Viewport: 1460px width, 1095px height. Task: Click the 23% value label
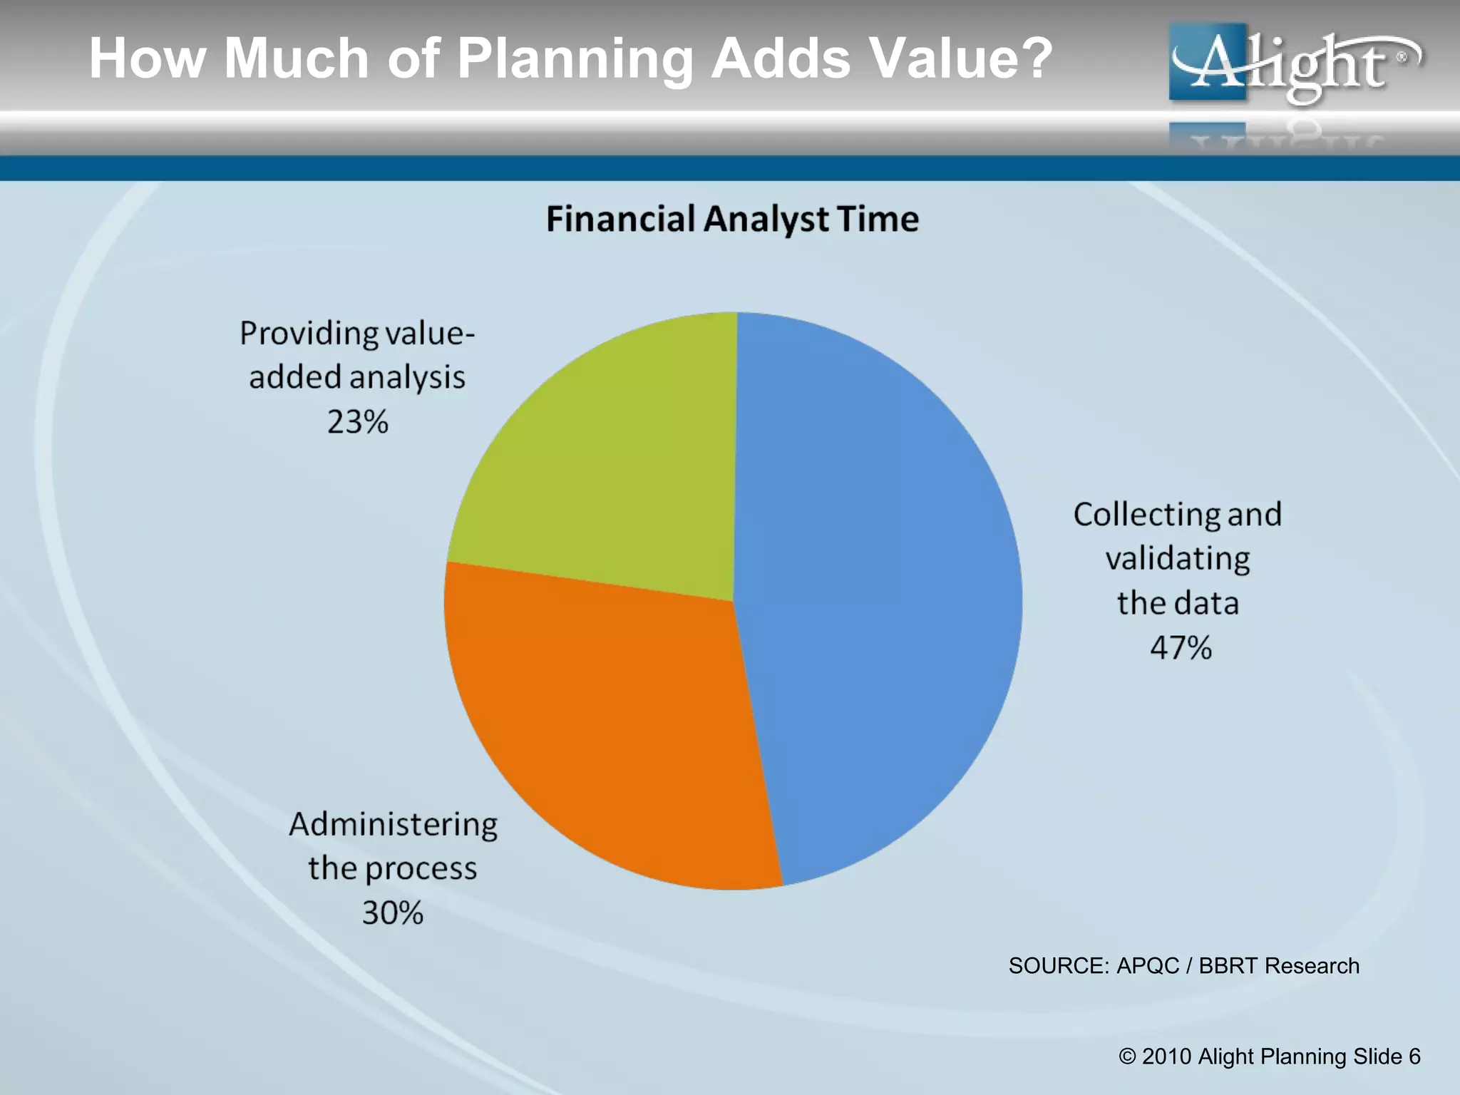coord(357,422)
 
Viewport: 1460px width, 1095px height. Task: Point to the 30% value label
coord(392,912)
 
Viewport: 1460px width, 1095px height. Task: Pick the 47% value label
coord(1181,647)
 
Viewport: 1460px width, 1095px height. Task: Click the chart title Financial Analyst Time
coord(732,219)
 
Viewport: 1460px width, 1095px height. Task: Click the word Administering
coord(393,825)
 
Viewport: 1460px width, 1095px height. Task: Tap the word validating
coord(1178,559)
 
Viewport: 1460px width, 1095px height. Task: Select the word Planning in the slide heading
coord(575,58)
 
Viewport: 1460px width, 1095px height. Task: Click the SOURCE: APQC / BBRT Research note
coord(1183,966)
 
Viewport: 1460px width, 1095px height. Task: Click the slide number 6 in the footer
coord(1414,1057)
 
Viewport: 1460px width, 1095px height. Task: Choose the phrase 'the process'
coord(392,869)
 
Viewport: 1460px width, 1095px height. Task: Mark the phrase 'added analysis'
coord(357,378)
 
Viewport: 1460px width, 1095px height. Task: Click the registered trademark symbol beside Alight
coord(1402,56)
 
